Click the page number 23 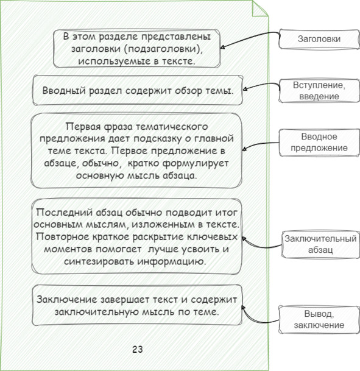138,349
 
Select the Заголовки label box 319,39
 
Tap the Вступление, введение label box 319,91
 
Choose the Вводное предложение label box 319,143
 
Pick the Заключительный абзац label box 320,244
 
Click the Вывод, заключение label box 319,320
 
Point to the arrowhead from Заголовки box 222,48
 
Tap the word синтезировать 99,262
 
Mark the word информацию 172,262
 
